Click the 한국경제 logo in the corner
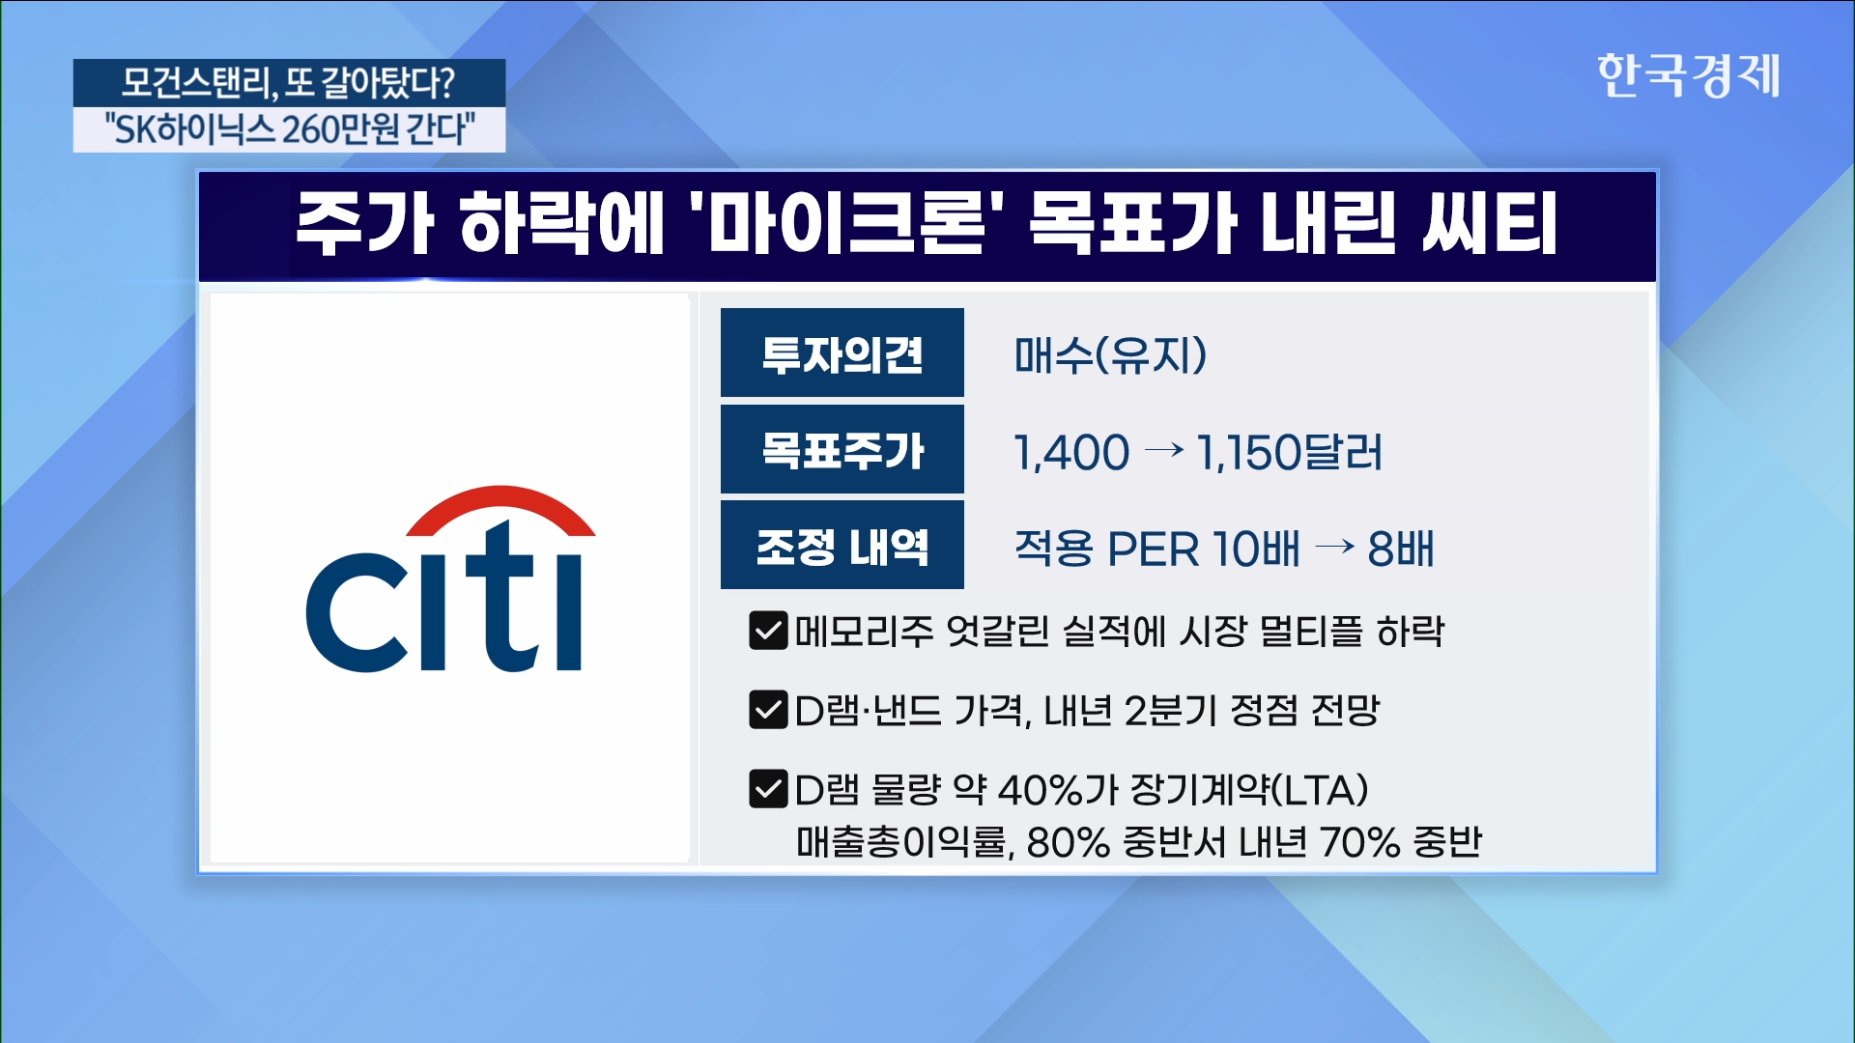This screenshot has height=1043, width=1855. coord(1688,75)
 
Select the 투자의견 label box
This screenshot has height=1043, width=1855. coord(842,352)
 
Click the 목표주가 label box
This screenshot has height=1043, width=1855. coord(842,449)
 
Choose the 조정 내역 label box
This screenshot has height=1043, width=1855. coord(842,546)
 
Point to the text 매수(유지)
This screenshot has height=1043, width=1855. coord(1110,354)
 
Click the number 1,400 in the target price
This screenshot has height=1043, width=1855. coord(1071,453)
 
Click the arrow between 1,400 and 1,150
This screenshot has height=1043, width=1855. coord(1163,450)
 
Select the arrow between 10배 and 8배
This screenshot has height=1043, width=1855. coord(1335,547)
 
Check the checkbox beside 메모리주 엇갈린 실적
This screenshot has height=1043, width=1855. coord(768,631)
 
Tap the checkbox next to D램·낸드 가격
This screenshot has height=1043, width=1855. coord(768,710)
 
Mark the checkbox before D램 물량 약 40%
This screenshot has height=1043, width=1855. coord(768,789)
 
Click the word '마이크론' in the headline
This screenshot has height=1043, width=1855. coord(846,222)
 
